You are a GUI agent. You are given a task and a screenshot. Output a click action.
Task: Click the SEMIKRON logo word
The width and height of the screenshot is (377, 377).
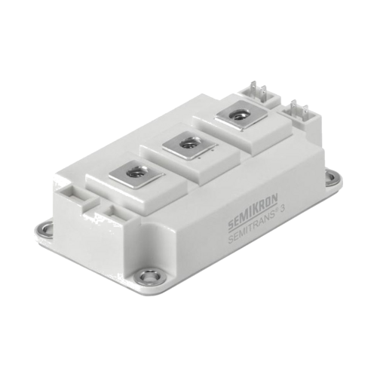point(253,211)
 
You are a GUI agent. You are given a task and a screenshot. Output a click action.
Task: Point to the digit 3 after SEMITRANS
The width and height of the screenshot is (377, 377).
point(282,210)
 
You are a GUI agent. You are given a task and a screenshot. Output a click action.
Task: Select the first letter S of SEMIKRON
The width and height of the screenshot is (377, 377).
point(230,225)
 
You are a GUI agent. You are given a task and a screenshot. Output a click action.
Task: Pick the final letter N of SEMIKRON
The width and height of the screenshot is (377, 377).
point(274,198)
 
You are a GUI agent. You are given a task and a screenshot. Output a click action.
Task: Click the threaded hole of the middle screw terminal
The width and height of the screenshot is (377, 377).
point(188,144)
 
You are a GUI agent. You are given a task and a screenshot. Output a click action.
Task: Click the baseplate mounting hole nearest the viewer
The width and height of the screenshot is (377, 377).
point(150,277)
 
